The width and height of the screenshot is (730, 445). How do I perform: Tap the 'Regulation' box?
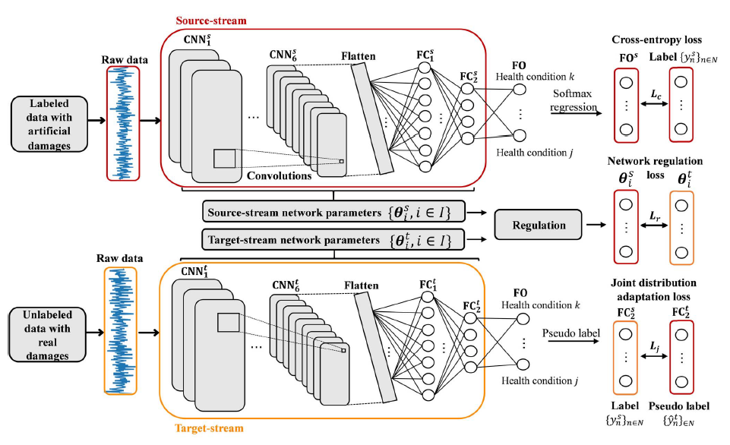pyautogui.click(x=540, y=226)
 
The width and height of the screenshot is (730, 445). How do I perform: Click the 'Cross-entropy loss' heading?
pyautogui.click(x=659, y=39)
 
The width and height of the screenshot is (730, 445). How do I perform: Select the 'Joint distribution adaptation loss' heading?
pyautogui.click(x=659, y=289)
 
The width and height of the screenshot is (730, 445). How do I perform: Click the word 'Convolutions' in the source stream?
pyautogui.click(x=274, y=175)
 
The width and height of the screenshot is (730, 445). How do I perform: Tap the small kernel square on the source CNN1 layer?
pyautogui.click(x=224, y=159)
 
